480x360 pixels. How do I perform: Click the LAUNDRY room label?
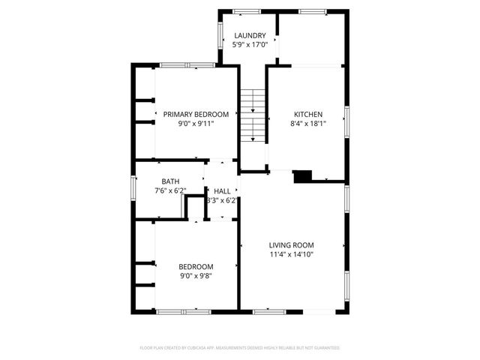pos(250,35)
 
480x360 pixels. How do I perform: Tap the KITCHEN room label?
pos(307,114)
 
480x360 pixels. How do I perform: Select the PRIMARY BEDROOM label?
pos(196,114)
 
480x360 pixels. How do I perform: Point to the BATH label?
pos(170,181)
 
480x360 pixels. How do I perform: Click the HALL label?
pos(223,191)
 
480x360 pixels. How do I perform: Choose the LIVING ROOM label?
pos(292,245)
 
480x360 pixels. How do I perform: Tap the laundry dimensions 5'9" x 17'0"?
pos(250,44)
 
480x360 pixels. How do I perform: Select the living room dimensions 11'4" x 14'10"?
pos(292,254)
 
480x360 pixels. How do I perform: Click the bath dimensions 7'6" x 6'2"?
pos(169,190)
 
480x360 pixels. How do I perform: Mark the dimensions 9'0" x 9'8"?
pos(196,275)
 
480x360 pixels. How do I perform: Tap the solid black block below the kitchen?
pos(302,176)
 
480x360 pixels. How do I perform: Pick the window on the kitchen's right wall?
pos(346,120)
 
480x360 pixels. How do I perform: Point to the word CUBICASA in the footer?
pos(198,348)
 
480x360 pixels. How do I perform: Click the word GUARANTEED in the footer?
pos(326,348)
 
